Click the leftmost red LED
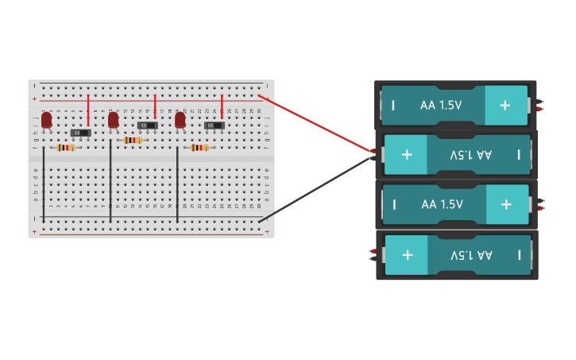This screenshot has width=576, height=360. (x=47, y=119)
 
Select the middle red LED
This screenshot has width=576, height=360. (x=114, y=119)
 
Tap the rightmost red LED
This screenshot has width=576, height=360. (x=180, y=119)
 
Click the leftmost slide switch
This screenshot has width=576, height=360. (x=80, y=132)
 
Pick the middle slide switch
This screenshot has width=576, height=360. (x=147, y=125)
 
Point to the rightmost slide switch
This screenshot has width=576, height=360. (x=214, y=125)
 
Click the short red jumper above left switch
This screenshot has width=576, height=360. (x=88, y=110)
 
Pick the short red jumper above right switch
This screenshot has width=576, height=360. (x=222, y=106)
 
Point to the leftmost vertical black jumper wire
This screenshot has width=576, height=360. (x=44, y=187)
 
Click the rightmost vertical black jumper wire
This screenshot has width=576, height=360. (x=177, y=187)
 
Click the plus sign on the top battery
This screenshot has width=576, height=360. (x=504, y=105)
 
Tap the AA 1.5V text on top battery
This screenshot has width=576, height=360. (x=442, y=105)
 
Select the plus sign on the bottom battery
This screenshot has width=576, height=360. (x=408, y=254)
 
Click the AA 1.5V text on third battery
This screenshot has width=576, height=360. (x=442, y=204)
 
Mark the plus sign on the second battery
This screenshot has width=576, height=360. (x=407, y=154)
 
